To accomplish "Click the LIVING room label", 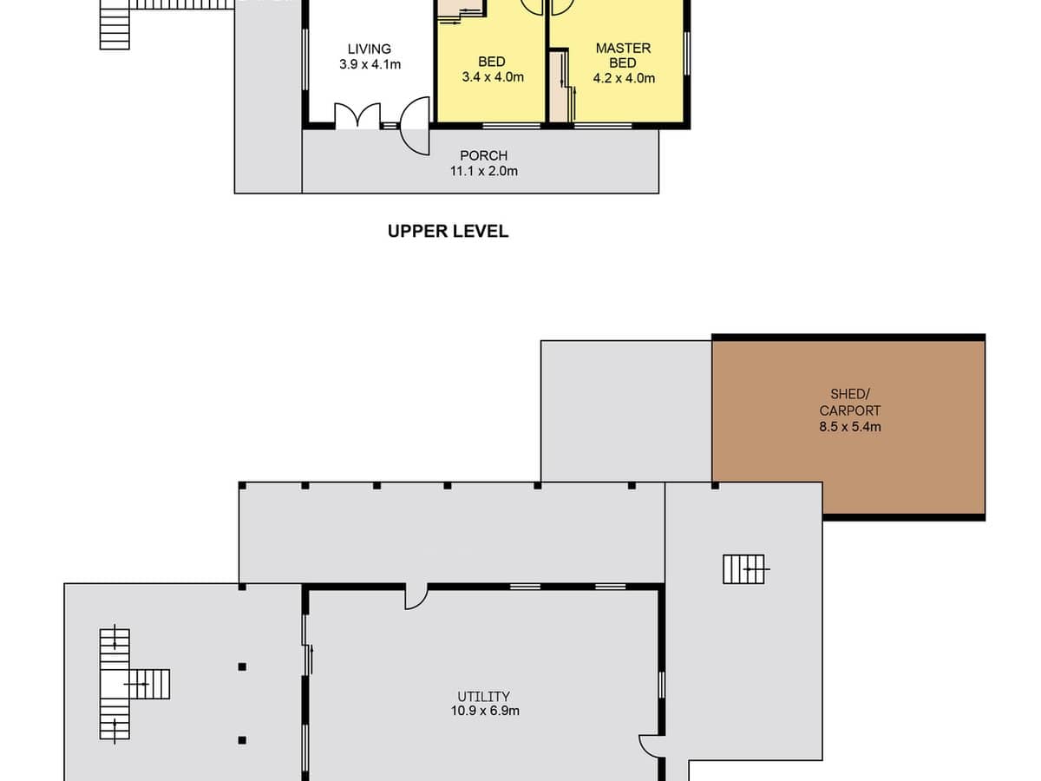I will (x=370, y=49).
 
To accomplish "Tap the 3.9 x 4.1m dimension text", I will (x=370, y=64).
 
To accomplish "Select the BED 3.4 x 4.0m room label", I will (x=492, y=69).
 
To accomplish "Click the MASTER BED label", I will (x=623, y=56).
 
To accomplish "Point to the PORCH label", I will (x=483, y=156).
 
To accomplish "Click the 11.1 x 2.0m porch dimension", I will (x=483, y=171).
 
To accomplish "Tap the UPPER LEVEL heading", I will (x=448, y=232).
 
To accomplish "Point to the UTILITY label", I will (x=483, y=696).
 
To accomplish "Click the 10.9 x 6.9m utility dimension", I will (x=483, y=711).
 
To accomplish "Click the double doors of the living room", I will (x=357, y=116).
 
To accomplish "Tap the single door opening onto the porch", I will (x=417, y=127).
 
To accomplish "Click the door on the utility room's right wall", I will (x=651, y=746).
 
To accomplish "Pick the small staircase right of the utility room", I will (x=744, y=569).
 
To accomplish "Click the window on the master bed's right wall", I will (x=687, y=54).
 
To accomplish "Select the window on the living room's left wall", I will (x=304, y=59).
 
